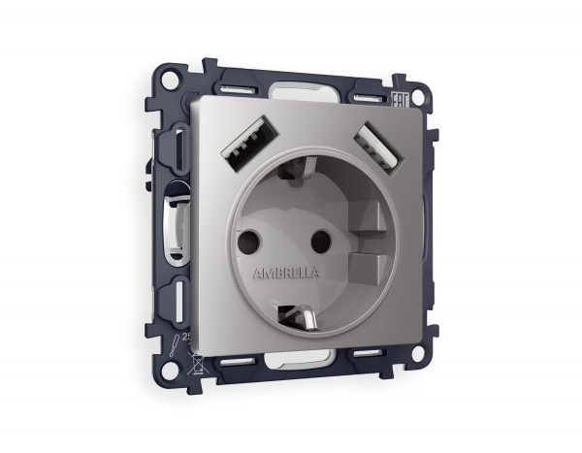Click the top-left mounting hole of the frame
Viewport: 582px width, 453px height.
click(x=170, y=79)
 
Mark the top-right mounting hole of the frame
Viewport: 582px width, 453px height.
click(x=418, y=97)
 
